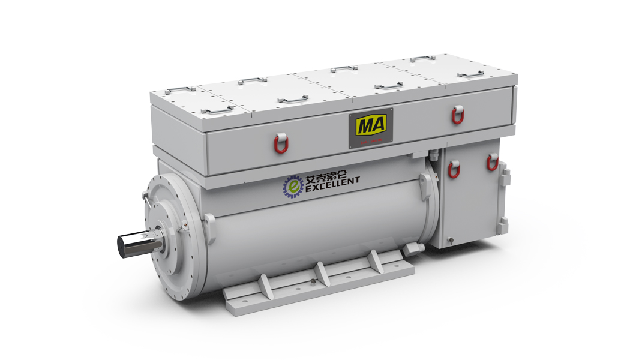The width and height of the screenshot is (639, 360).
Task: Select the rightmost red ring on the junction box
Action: (493, 161)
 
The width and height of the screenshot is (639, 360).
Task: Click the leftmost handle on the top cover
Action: (180, 91)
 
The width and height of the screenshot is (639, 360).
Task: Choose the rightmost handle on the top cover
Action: (471, 74)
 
